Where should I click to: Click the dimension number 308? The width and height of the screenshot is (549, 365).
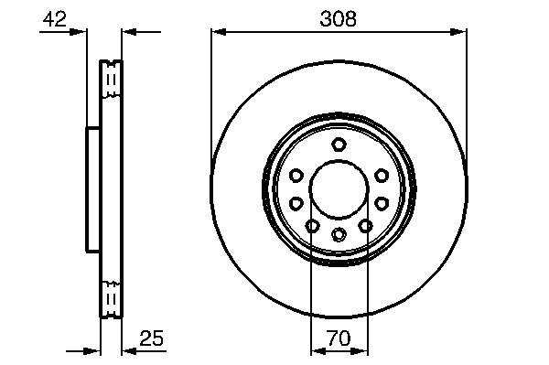pyautogui.click(x=338, y=19)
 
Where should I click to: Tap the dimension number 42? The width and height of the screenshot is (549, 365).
pyautogui.click(x=54, y=19)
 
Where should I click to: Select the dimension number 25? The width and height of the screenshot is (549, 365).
pyautogui.click(x=152, y=338)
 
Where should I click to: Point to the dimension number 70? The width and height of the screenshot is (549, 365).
pyautogui.click(x=339, y=338)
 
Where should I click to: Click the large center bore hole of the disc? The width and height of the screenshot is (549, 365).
pyautogui.click(x=339, y=189)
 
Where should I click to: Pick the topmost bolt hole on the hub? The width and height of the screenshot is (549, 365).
pyautogui.click(x=339, y=144)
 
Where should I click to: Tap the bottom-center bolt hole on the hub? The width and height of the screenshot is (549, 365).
pyautogui.click(x=339, y=234)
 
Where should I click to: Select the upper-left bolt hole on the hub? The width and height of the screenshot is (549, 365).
pyautogui.click(x=296, y=175)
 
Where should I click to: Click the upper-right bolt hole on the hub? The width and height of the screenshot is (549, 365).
pyautogui.click(x=382, y=175)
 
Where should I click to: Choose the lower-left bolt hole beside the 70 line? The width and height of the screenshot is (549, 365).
pyautogui.click(x=312, y=226)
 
